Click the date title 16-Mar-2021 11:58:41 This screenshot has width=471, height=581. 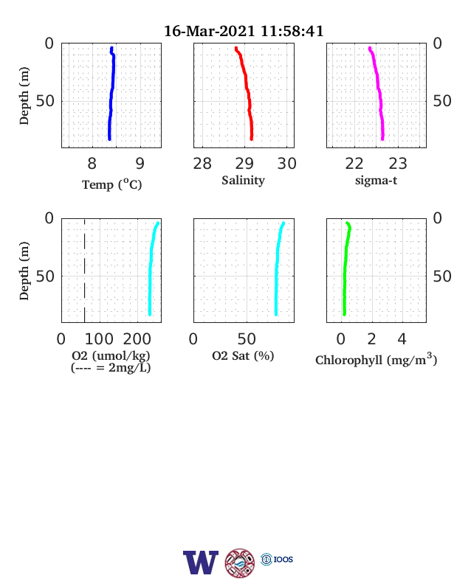coord(244,31)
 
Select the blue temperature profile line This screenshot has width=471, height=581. coord(112,93)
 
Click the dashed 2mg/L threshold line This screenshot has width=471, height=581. coord(85,271)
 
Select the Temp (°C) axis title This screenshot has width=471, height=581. coord(112,184)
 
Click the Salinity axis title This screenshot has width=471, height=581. coord(244,181)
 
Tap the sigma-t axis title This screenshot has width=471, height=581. coord(376,181)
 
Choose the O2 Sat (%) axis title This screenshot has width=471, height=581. coord(243,355)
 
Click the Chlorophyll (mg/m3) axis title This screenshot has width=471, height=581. coord(376,359)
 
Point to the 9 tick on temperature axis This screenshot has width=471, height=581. coord(140,164)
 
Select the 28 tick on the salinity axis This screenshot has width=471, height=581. coord(202,164)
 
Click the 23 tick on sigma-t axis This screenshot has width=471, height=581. coord(398,164)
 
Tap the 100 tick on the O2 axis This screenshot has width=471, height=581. coord(99,339)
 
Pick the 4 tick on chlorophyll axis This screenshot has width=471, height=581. coord(402,339)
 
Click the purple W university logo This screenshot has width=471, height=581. coord(201,563)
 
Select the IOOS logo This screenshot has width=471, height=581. coord(277,559)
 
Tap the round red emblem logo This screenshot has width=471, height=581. coord(240,563)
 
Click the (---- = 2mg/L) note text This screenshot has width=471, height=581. coord(111,368)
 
